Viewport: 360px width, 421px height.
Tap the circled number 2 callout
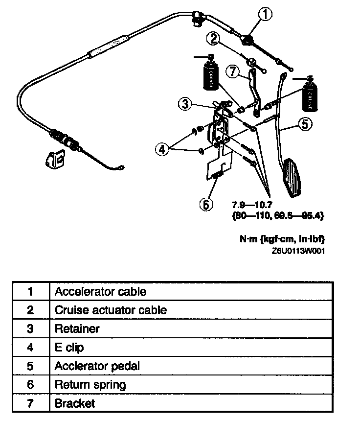pos(214,38)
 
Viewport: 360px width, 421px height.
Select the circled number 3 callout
pos(184,104)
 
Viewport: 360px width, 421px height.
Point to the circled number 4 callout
pos(163,148)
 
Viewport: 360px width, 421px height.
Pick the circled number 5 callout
pos(304,125)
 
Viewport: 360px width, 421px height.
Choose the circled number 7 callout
pos(234,71)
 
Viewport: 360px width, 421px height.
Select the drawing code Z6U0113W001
pos(299,250)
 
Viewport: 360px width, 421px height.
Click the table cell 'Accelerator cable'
pos(100,292)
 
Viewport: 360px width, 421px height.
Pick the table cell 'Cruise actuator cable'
pos(111,310)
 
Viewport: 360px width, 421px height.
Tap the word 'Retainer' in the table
pos(77,328)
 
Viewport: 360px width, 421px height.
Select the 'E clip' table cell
pos(69,348)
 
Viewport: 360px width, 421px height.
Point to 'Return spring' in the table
pos(90,385)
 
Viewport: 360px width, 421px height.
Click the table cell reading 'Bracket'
pos(75,403)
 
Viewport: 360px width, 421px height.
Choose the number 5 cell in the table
pos(30,366)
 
